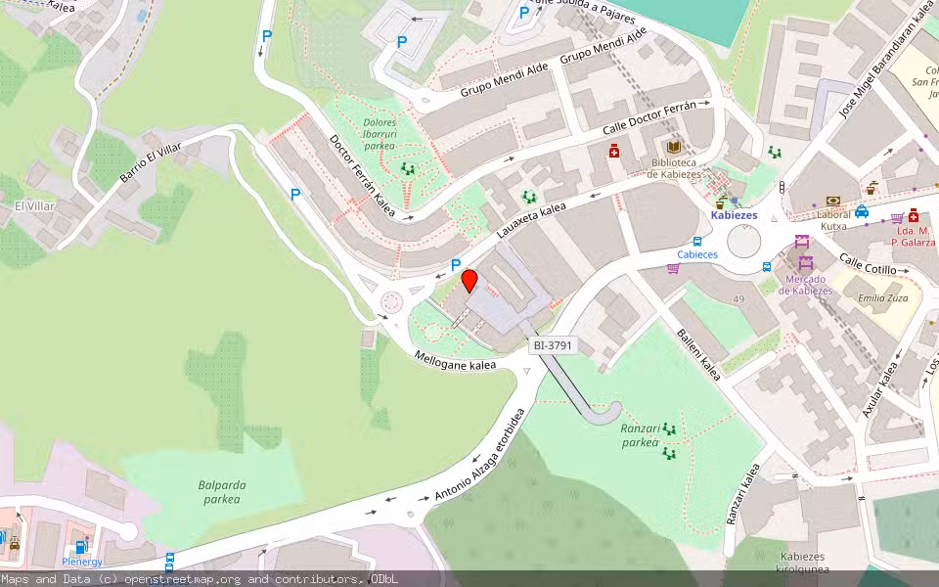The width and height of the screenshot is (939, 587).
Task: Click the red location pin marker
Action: tap(469, 282)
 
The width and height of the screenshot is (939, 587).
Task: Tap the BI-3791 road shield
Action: tap(553, 345)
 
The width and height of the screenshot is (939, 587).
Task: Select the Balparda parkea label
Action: tap(221, 492)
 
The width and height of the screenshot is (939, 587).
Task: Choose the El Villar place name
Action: tap(35, 206)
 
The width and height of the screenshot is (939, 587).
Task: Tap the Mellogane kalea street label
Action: tap(456, 360)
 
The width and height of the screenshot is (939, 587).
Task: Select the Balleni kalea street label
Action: tap(698, 354)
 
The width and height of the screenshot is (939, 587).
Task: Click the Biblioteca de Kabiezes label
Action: tap(673, 168)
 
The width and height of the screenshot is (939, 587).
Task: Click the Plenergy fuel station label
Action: tap(82, 562)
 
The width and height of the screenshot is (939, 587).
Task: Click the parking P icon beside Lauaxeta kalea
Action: tap(456, 264)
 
